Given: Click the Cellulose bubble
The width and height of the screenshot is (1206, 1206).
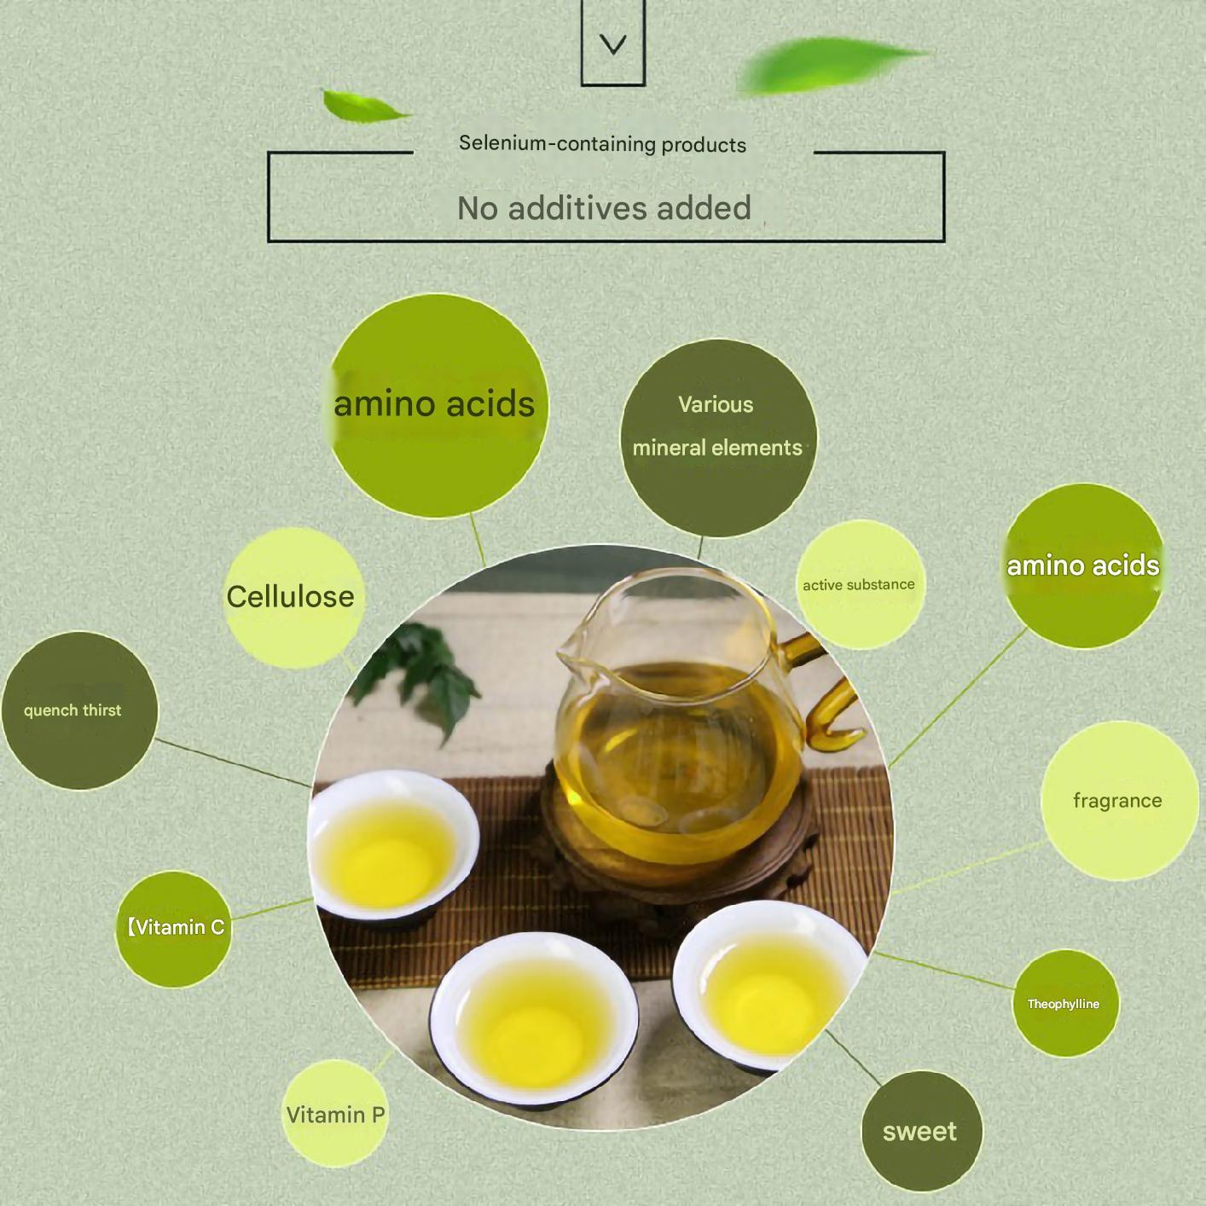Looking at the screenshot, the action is click(x=294, y=597).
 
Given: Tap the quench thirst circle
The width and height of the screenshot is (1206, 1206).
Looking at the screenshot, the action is click(x=80, y=710).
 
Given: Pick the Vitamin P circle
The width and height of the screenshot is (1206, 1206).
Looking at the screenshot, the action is click(x=335, y=1113).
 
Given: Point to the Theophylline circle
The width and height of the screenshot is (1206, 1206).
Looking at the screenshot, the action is click(x=1065, y=1003).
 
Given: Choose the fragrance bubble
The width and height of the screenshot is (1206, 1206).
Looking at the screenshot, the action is click(x=1118, y=801).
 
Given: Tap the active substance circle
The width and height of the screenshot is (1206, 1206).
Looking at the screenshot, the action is click(x=861, y=584).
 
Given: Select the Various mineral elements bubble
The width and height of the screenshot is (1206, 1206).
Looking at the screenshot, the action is click(x=718, y=438).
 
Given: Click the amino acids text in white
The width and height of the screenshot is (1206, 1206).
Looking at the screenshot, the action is click(x=1082, y=565).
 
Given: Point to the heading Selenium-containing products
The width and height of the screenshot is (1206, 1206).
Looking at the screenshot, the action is click(x=603, y=144).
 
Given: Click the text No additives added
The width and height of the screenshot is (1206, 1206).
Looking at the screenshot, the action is click(x=604, y=208).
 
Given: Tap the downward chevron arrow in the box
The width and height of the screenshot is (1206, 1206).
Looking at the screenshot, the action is click(x=612, y=43).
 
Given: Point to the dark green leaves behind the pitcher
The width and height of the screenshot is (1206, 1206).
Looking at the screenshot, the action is click(x=418, y=675).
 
